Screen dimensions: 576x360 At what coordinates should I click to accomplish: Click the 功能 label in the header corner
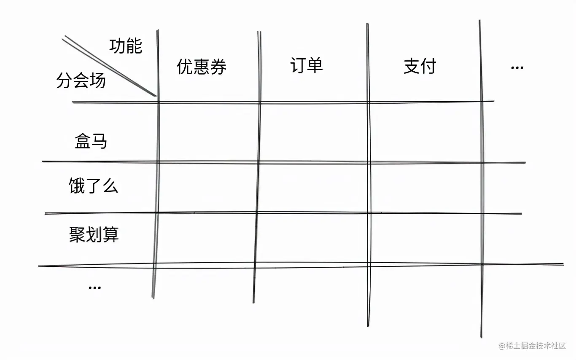(126, 46)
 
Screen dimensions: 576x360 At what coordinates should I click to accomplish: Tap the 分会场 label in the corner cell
(81, 80)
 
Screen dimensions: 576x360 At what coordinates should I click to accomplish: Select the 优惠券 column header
(202, 67)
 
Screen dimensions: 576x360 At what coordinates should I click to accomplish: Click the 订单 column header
(307, 65)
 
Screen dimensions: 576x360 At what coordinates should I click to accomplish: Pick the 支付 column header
(420, 66)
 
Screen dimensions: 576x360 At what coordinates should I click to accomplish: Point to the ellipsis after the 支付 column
(517, 67)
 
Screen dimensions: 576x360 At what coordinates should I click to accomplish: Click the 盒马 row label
(91, 141)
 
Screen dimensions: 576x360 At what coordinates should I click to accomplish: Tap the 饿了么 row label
(93, 185)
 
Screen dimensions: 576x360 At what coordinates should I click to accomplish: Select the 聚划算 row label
(94, 234)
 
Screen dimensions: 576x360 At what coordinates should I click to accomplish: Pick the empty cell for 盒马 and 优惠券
(208, 132)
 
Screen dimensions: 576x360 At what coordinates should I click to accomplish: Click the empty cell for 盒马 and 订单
(314, 132)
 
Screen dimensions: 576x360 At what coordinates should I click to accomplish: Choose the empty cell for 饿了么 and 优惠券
(207, 188)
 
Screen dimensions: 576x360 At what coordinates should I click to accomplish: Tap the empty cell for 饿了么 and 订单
(313, 188)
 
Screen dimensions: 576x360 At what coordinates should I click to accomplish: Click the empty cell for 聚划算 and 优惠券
(206, 239)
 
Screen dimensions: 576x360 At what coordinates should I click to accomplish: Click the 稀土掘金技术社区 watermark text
(532, 346)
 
